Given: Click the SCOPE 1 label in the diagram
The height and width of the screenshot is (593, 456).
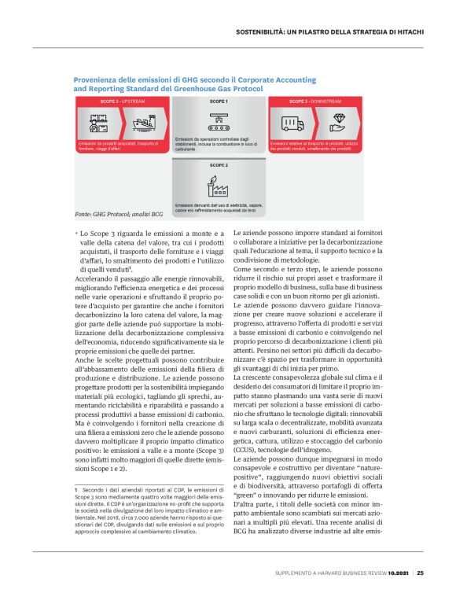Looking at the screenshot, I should click(x=219, y=102).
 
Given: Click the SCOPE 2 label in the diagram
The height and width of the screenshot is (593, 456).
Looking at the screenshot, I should click(x=219, y=166).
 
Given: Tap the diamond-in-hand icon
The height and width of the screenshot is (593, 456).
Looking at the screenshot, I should click(x=339, y=123).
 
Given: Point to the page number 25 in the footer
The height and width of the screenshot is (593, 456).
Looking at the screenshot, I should click(x=421, y=573).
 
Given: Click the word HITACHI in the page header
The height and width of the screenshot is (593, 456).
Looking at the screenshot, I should click(x=407, y=32).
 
